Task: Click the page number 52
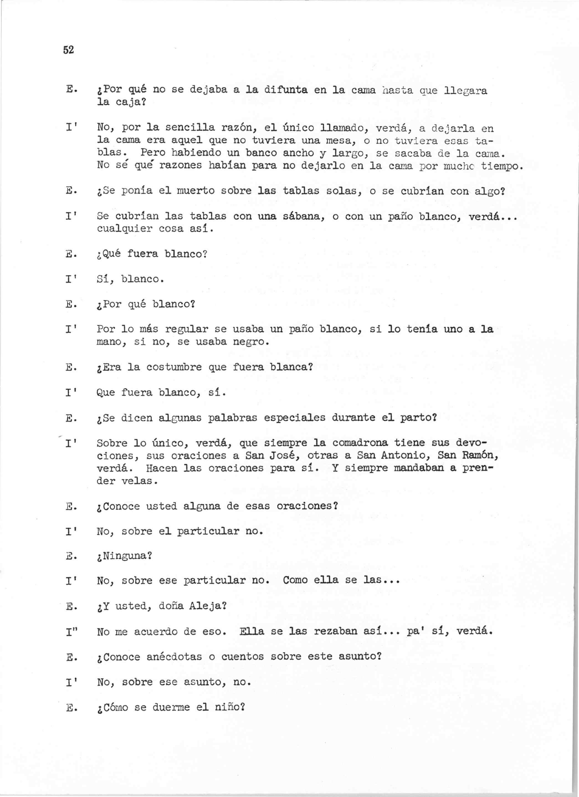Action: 68,50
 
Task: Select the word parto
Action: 418,418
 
